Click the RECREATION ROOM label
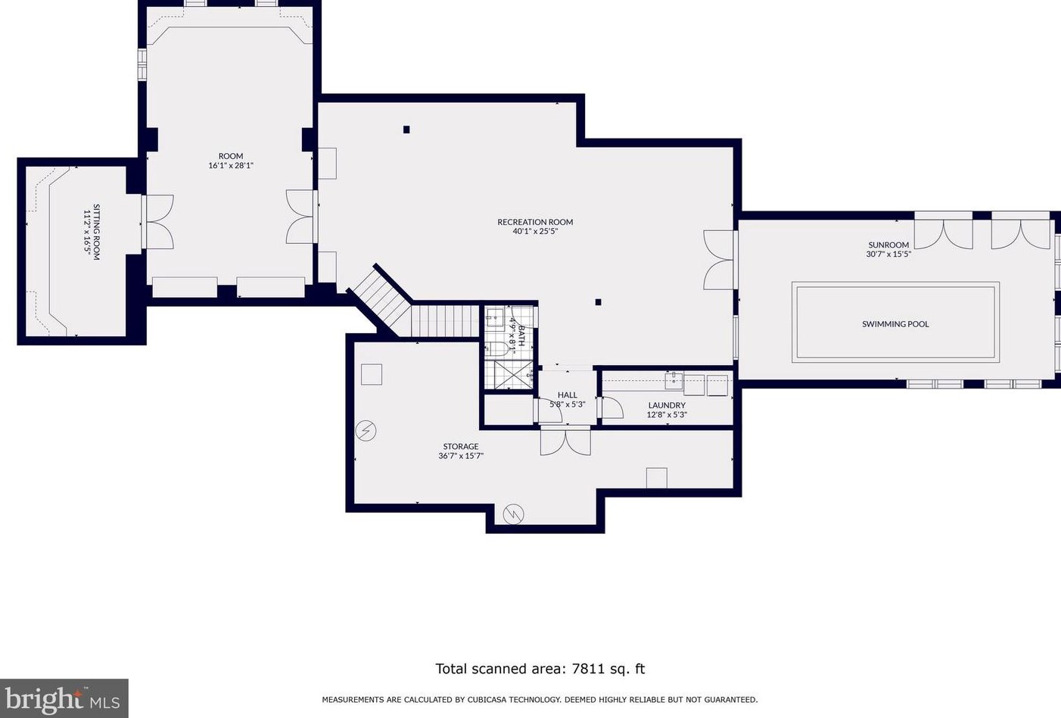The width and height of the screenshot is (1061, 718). (535, 222)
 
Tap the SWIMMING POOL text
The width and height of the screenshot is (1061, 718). (895, 324)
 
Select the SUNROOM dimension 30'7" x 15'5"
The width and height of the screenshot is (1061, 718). (888, 254)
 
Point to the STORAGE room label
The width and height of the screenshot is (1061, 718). (461, 446)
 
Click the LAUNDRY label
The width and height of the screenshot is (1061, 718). (667, 405)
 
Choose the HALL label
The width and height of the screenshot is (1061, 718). (568, 395)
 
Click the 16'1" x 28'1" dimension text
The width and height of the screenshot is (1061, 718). (231, 165)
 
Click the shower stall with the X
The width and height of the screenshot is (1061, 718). (513, 375)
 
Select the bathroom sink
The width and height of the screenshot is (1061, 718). (494, 318)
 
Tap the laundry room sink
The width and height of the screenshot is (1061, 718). (674, 380)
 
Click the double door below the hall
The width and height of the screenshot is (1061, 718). (565, 440)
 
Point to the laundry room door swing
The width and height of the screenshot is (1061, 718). (611, 408)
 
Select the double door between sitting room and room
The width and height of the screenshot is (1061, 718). (157, 222)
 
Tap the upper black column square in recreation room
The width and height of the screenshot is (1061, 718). (406, 130)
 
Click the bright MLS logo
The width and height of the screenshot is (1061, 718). (64, 698)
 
